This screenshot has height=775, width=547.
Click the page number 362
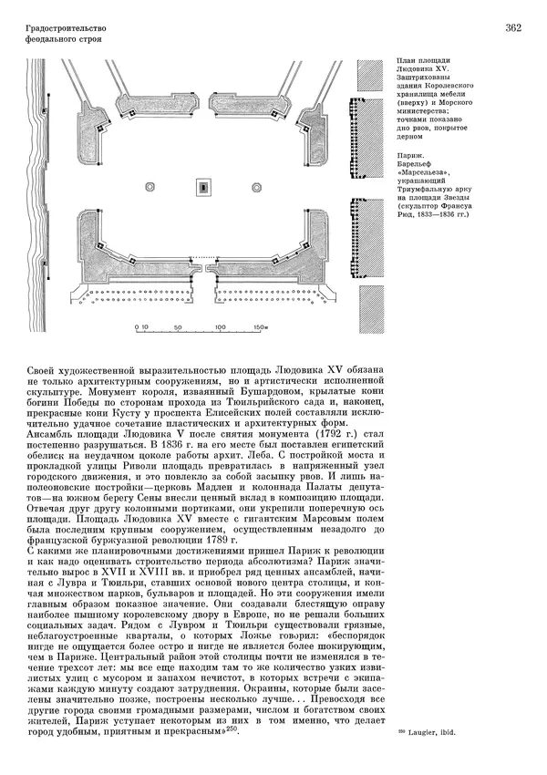click(x=511, y=28)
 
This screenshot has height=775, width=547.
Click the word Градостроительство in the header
click(x=62, y=28)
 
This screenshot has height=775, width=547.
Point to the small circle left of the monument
click(x=164, y=189)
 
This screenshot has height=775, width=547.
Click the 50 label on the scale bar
click(x=179, y=326)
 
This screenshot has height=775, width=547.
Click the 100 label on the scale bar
click(x=220, y=326)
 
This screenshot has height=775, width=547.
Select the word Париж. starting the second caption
click(x=410, y=157)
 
